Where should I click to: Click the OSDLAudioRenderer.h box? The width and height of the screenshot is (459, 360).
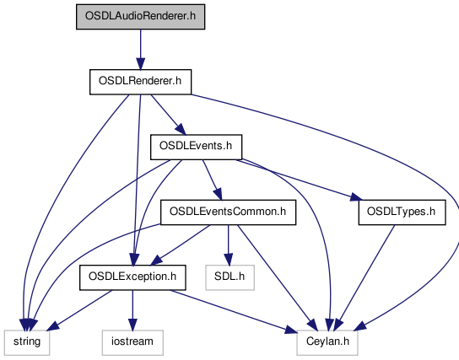[x=141, y=17]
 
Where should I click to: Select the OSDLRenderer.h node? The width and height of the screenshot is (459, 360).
[x=141, y=82]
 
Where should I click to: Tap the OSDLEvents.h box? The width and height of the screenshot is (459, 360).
[x=196, y=147]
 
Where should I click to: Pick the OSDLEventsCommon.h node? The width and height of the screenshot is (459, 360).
[x=228, y=212]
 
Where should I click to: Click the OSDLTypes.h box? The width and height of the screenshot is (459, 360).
[x=402, y=212]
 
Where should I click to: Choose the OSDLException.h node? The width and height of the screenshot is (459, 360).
[x=132, y=277]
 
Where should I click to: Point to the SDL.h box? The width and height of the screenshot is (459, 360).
[x=229, y=277]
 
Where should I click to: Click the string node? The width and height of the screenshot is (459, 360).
[x=27, y=343]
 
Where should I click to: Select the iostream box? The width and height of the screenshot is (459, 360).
[x=132, y=343]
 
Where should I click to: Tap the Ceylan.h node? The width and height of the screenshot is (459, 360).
[x=327, y=343]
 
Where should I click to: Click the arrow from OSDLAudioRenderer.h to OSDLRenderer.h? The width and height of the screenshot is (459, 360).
[x=141, y=50]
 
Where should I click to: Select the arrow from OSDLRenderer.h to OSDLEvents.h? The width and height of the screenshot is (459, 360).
[x=168, y=115]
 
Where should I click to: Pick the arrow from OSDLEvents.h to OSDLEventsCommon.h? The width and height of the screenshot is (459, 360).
[x=213, y=180]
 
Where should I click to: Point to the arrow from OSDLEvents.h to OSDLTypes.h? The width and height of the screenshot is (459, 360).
[x=300, y=180]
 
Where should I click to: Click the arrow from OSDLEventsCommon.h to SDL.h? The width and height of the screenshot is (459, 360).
[x=229, y=245]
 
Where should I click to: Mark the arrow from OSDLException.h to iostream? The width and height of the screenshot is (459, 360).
[x=132, y=310]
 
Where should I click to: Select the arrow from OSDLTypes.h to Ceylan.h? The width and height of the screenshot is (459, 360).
[x=364, y=278]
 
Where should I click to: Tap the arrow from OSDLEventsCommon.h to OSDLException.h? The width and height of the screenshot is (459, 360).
[x=181, y=245]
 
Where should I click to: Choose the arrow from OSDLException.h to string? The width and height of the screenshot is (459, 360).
[x=79, y=310]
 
